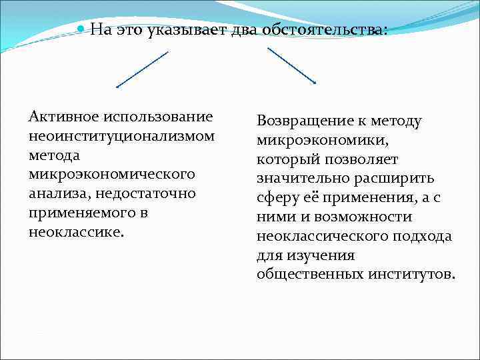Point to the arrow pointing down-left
[142, 69]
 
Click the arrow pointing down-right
[291, 65]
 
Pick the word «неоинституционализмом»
[122, 136]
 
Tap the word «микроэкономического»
[112, 174]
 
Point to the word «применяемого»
[79, 213]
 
